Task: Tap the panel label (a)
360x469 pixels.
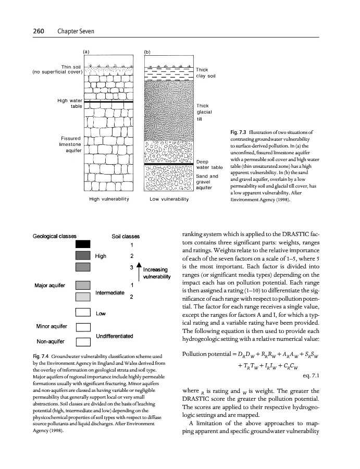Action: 87,52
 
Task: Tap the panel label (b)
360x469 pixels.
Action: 147,52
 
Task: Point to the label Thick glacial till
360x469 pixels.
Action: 203,112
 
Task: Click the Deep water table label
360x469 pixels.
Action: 210,164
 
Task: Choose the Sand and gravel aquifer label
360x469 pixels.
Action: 207,182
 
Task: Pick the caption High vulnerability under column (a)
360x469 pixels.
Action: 109,199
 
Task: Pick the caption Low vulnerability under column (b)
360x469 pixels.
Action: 168,199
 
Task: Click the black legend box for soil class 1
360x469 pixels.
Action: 83,244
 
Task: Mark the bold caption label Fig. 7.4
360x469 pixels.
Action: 42,355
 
